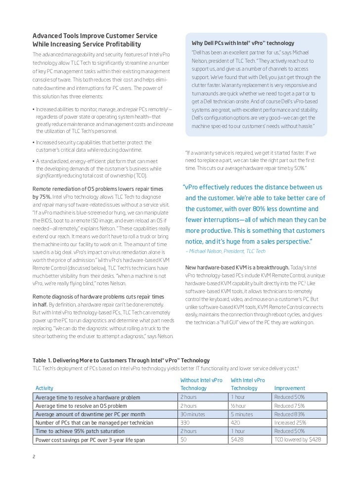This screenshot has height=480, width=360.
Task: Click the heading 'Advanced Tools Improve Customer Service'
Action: click(95, 36)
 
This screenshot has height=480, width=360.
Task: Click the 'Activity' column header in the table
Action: click(45, 388)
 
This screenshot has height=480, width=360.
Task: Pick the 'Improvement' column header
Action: click(289, 388)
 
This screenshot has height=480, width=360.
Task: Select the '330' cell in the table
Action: click(185, 423)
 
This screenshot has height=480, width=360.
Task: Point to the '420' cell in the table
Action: click(236, 423)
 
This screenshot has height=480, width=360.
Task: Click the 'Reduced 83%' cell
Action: click(289, 414)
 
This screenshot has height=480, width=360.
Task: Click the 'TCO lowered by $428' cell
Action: click(297, 439)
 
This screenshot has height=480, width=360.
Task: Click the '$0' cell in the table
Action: click(184, 439)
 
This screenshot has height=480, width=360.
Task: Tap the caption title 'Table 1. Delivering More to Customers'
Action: click(121, 360)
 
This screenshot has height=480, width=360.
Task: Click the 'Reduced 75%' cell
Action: click(289, 406)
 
